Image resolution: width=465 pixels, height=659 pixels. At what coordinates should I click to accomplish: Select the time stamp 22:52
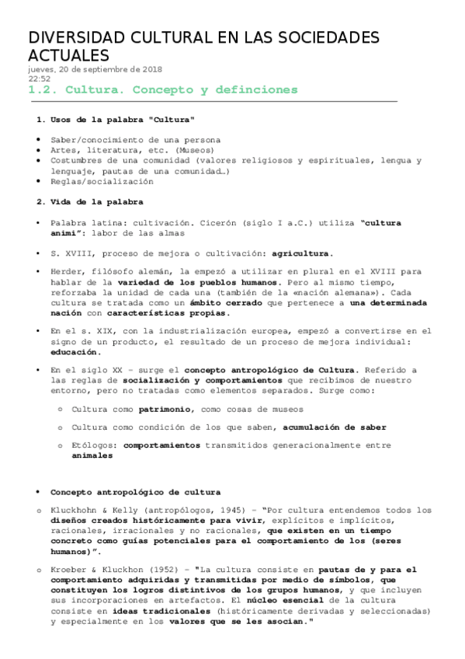40,78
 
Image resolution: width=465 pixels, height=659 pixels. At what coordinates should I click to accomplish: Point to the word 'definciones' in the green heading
252,90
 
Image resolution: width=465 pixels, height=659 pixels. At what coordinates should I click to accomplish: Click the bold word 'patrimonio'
165,409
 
